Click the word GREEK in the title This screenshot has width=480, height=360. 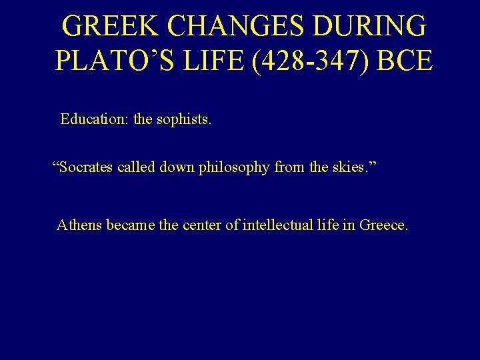tap(111, 27)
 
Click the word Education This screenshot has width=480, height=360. tap(95, 119)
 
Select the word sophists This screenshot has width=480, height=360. tap(183, 119)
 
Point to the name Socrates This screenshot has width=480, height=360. tap(86, 167)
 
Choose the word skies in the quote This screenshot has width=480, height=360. tap(351, 167)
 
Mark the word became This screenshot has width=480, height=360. tap(131, 225)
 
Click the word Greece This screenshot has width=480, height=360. tap(383, 225)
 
